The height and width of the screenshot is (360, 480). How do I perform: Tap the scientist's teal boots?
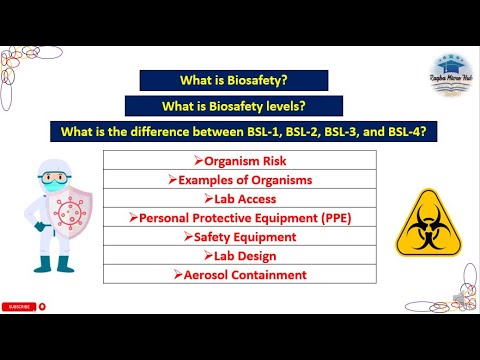click(51, 265)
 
